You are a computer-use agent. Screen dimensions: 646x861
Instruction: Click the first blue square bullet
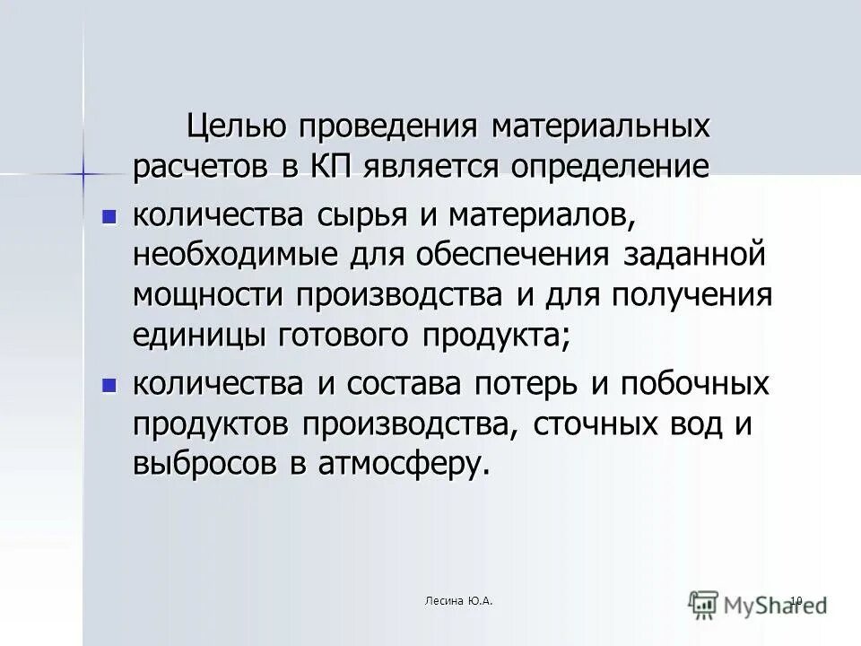coord(109,216)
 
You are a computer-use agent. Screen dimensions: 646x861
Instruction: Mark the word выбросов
coord(201,464)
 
